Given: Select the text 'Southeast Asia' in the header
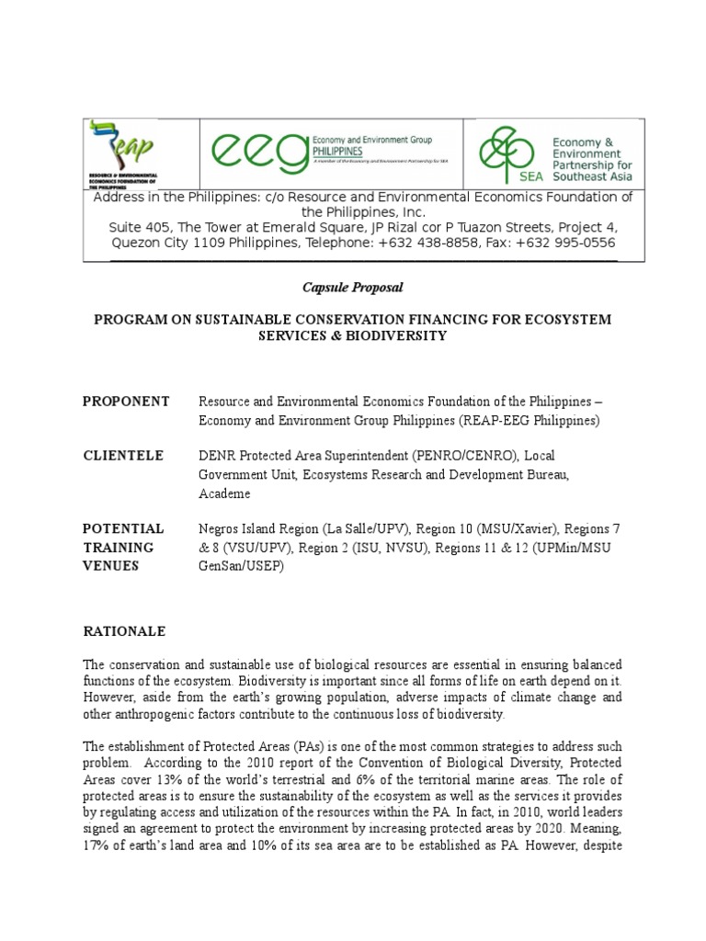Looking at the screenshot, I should (592, 176).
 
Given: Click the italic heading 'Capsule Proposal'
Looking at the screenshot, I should (353, 288).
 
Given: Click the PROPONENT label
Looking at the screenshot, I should (126, 402).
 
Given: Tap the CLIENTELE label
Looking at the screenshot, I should (123, 456).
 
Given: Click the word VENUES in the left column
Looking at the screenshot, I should (111, 566).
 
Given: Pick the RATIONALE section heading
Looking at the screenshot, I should (124, 631).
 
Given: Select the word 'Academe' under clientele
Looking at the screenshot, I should (224, 493).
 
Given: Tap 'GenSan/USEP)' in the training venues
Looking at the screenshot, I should (243, 566).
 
